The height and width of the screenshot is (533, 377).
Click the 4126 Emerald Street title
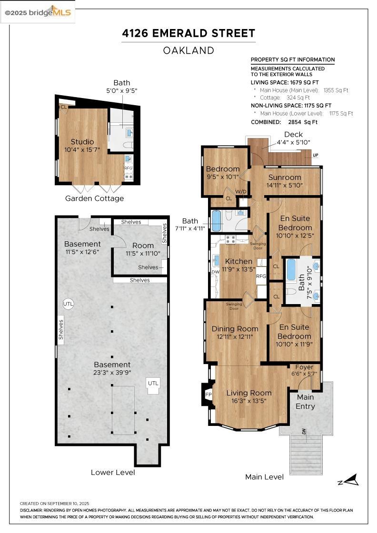pyautogui.click(x=188, y=33)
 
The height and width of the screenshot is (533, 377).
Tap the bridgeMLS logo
pyautogui.click(x=38, y=12)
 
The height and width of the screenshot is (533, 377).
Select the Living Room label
pyautogui.click(x=248, y=393)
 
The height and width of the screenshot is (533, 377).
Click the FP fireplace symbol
pyautogui.click(x=208, y=395)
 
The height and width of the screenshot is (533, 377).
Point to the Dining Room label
pyautogui.click(x=235, y=329)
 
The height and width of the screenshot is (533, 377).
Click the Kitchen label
pyautogui.click(x=238, y=261)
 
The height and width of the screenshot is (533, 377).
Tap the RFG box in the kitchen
pyautogui.click(x=261, y=276)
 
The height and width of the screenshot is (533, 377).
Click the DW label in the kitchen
pyautogui.click(x=215, y=272)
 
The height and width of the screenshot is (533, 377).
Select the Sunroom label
pyautogui.click(x=285, y=178)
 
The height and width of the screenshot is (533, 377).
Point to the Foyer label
pyautogui.click(x=304, y=367)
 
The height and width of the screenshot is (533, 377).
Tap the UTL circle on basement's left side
pyautogui.click(x=69, y=304)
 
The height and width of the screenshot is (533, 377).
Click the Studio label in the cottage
pyautogui.click(x=82, y=142)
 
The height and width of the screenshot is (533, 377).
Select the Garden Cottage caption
pyautogui.click(x=94, y=198)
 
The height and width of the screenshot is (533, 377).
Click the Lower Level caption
pyautogui.click(x=113, y=472)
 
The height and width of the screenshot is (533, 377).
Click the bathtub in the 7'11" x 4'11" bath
pyautogui.click(x=217, y=221)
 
